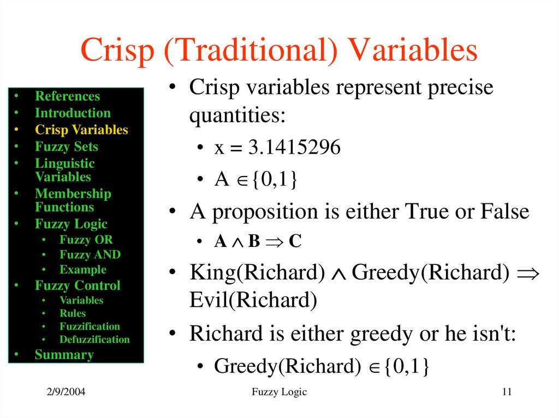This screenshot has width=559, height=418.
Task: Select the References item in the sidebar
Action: pyautogui.click(x=67, y=96)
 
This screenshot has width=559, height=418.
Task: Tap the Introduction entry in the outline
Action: pyautogui.click(x=73, y=113)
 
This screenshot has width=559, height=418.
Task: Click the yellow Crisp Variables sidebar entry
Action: pyautogui.click(x=81, y=130)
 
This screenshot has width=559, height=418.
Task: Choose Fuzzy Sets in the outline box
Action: pyautogui.click(x=67, y=147)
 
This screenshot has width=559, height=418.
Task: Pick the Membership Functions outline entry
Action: pyautogui.click(x=73, y=201)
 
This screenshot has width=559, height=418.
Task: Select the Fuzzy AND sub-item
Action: pyautogui.click(x=90, y=255)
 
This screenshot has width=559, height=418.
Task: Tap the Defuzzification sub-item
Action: pyautogui.click(x=94, y=340)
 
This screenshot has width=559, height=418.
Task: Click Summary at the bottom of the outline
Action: pyautogui.click(x=64, y=355)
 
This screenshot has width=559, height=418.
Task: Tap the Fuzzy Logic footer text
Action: pyautogui.click(x=279, y=392)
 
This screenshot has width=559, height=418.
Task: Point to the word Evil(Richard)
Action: pyautogui.click(x=253, y=300)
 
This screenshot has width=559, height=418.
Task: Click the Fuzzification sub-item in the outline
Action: pyautogui.click(x=90, y=326)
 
